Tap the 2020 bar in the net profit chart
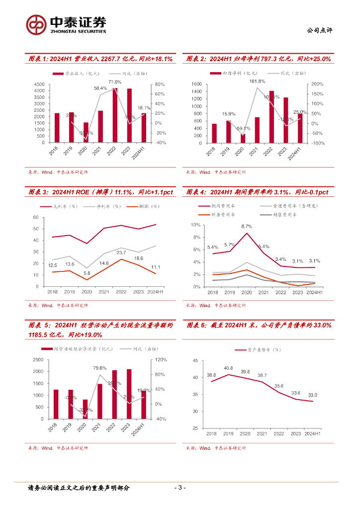click(x=243, y=138)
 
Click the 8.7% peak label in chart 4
click(x=247, y=226)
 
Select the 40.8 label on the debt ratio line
click(x=228, y=368)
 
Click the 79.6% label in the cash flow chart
click(x=100, y=368)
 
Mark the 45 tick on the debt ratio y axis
click(x=195, y=361)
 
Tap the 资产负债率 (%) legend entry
click(x=259, y=350)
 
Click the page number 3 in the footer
click(x=180, y=488)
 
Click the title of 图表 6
click(x=259, y=325)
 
